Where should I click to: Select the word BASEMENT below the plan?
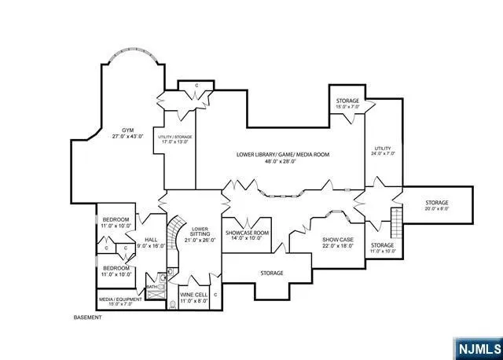tap(88, 317)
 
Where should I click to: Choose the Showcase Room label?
tap(248, 237)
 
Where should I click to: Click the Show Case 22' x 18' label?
tap(338, 243)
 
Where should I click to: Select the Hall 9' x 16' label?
tap(151, 243)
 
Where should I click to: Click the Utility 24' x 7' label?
tap(382, 150)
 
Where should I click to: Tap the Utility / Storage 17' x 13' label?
tap(175, 140)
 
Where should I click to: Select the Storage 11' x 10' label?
tap(382, 248)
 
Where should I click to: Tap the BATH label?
tap(151, 287)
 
